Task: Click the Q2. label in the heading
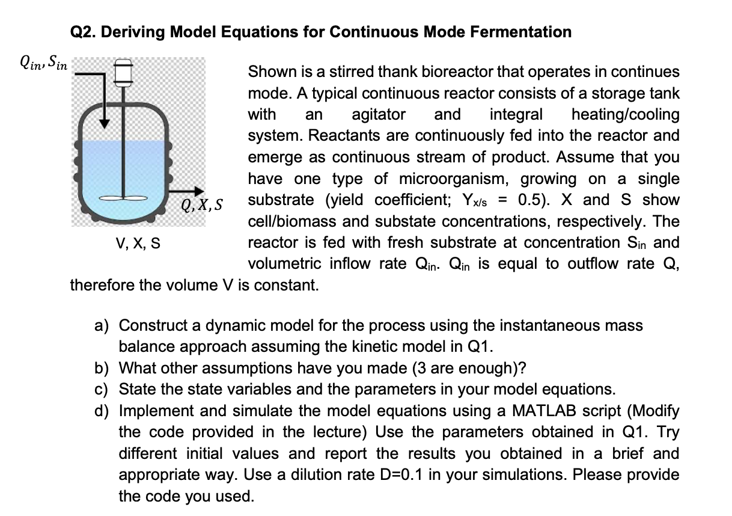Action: click(x=83, y=32)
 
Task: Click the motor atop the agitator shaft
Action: click(x=125, y=72)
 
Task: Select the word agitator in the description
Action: click(x=378, y=114)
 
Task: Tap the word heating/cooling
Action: click(x=626, y=114)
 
